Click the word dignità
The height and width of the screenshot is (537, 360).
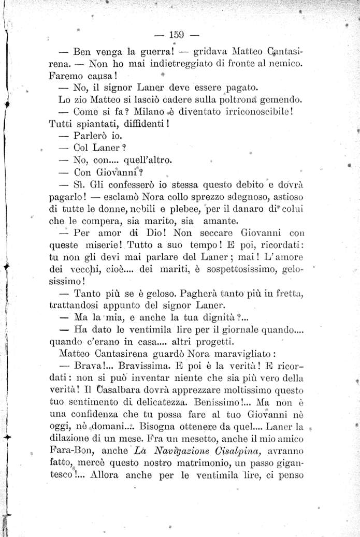tap(220, 317)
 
